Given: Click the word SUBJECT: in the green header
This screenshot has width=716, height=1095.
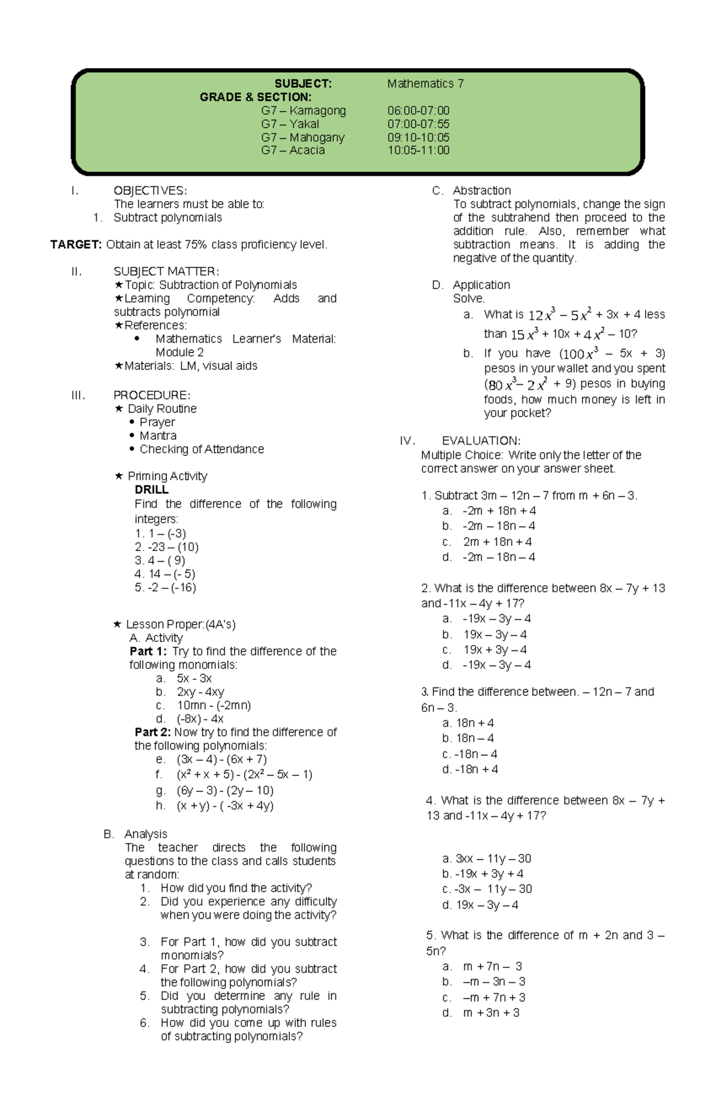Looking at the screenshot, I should click(x=303, y=84).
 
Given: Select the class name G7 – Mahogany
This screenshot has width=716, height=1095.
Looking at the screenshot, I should click(x=303, y=138).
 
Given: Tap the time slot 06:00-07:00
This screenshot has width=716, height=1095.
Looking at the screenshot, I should click(x=418, y=111).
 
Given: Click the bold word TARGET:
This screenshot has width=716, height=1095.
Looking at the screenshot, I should click(x=76, y=245).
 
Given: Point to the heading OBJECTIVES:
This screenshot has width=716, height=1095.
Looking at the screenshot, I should click(x=150, y=191).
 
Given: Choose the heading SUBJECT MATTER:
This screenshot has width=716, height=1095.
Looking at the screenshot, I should click(x=166, y=272).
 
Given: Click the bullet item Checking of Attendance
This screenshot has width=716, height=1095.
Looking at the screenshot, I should click(x=201, y=449).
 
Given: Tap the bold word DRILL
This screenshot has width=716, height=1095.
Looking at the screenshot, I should click(x=152, y=490).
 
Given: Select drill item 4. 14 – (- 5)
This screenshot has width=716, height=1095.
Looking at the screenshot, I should click(x=165, y=574).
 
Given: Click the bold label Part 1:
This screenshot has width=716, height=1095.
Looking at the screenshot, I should click(x=148, y=652).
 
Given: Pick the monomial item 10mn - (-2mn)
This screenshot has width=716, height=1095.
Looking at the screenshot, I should click(x=214, y=705).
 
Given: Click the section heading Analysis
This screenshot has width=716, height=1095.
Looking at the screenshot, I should click(x=146, y=834).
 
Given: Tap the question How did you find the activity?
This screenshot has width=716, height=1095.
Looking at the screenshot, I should click(x=236, y=889).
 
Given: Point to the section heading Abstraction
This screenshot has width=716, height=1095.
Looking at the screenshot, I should click(x=482, y=191).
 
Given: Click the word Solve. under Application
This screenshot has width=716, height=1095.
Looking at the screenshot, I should click(x=469, y=298).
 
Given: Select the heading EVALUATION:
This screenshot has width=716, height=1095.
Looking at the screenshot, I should click(x=481, y=441).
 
